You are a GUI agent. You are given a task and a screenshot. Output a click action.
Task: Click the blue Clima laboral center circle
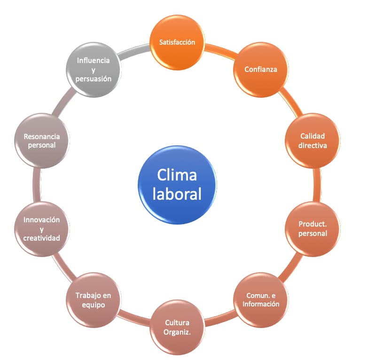pos(177,185)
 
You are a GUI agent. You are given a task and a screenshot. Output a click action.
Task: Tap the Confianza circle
pos(260,70)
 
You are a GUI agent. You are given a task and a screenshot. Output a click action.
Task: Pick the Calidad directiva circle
pos(312,141)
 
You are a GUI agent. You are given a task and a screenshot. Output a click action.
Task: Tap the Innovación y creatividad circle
pos(42,228)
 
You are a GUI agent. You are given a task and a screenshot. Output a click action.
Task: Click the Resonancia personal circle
pos(42,141)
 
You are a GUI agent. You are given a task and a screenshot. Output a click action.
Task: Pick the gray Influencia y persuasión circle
pos(93,70)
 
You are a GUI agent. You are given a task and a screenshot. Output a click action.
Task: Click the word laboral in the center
pos(177,194)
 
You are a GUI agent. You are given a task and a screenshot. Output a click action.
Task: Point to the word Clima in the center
pos(177,175)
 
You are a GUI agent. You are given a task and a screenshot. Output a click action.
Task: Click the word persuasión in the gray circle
pos(93,79)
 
